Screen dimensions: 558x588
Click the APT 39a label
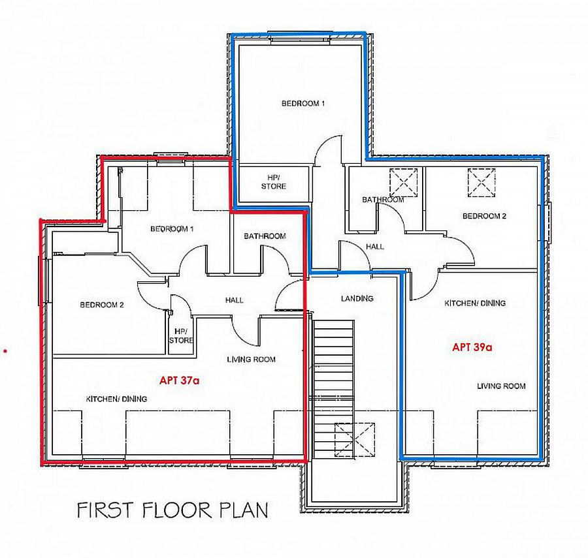(x=472, y=348)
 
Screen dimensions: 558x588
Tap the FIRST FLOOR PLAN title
(x=172, y=510)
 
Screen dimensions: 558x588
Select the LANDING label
(x=357, y=298)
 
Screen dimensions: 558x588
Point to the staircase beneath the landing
(x=334, y=385)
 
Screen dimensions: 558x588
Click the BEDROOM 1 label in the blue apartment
(x=303, y=103)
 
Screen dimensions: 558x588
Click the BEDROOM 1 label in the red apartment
(x=172, y=228)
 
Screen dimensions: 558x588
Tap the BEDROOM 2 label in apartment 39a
(x=484, y=216)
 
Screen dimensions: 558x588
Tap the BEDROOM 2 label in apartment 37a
(x=102, y=305)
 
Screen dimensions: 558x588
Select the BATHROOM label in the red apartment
(x=265, y=236)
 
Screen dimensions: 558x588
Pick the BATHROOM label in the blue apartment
(x=383, y=199)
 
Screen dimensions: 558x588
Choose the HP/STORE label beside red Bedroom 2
(x=181, y=335)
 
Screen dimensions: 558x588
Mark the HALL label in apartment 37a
(x=234, y=300)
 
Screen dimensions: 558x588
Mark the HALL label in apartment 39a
(x=375, y=247)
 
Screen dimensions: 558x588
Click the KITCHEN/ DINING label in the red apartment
(x=117, y=399)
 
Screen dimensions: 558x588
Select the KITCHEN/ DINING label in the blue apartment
(x=475, y=303)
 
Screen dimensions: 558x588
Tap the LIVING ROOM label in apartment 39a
(x=501, y=386)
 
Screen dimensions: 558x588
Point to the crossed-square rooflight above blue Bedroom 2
(x=482, y=182)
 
